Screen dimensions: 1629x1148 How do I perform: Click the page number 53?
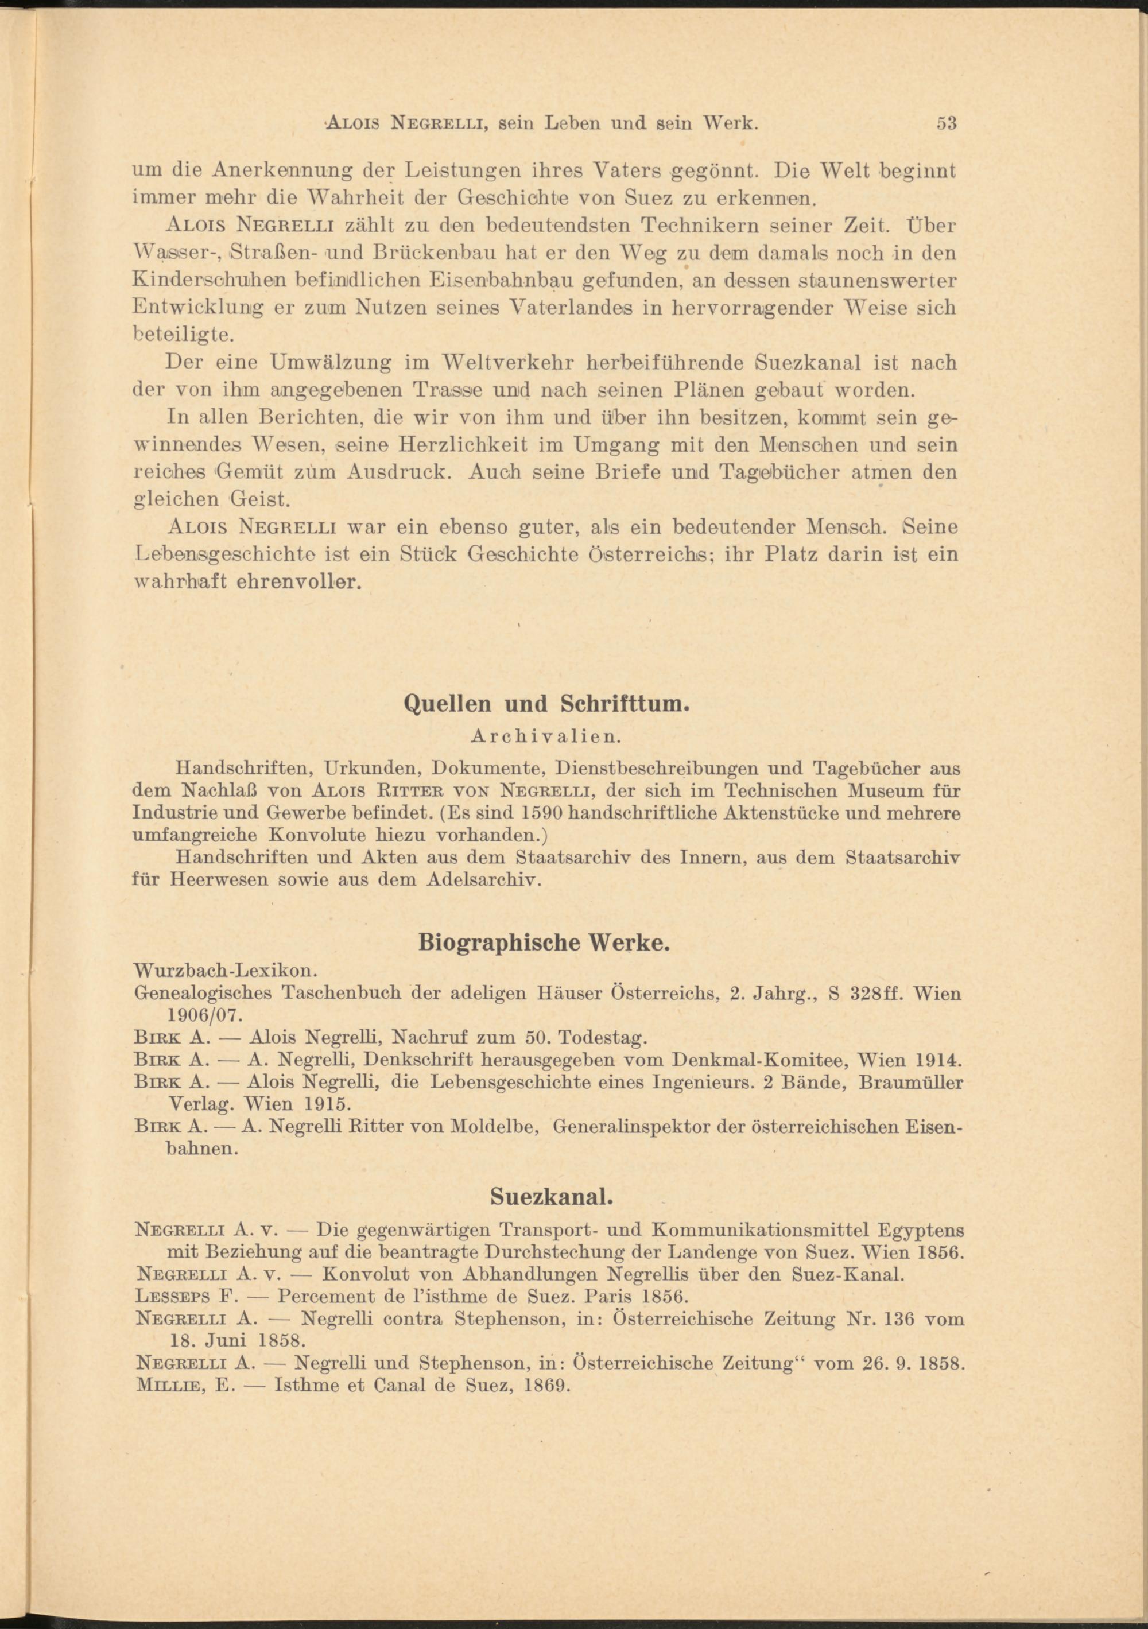(947, 123)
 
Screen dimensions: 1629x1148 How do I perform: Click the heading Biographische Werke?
(544, 943)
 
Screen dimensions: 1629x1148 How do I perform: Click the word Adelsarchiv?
(484, 881)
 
